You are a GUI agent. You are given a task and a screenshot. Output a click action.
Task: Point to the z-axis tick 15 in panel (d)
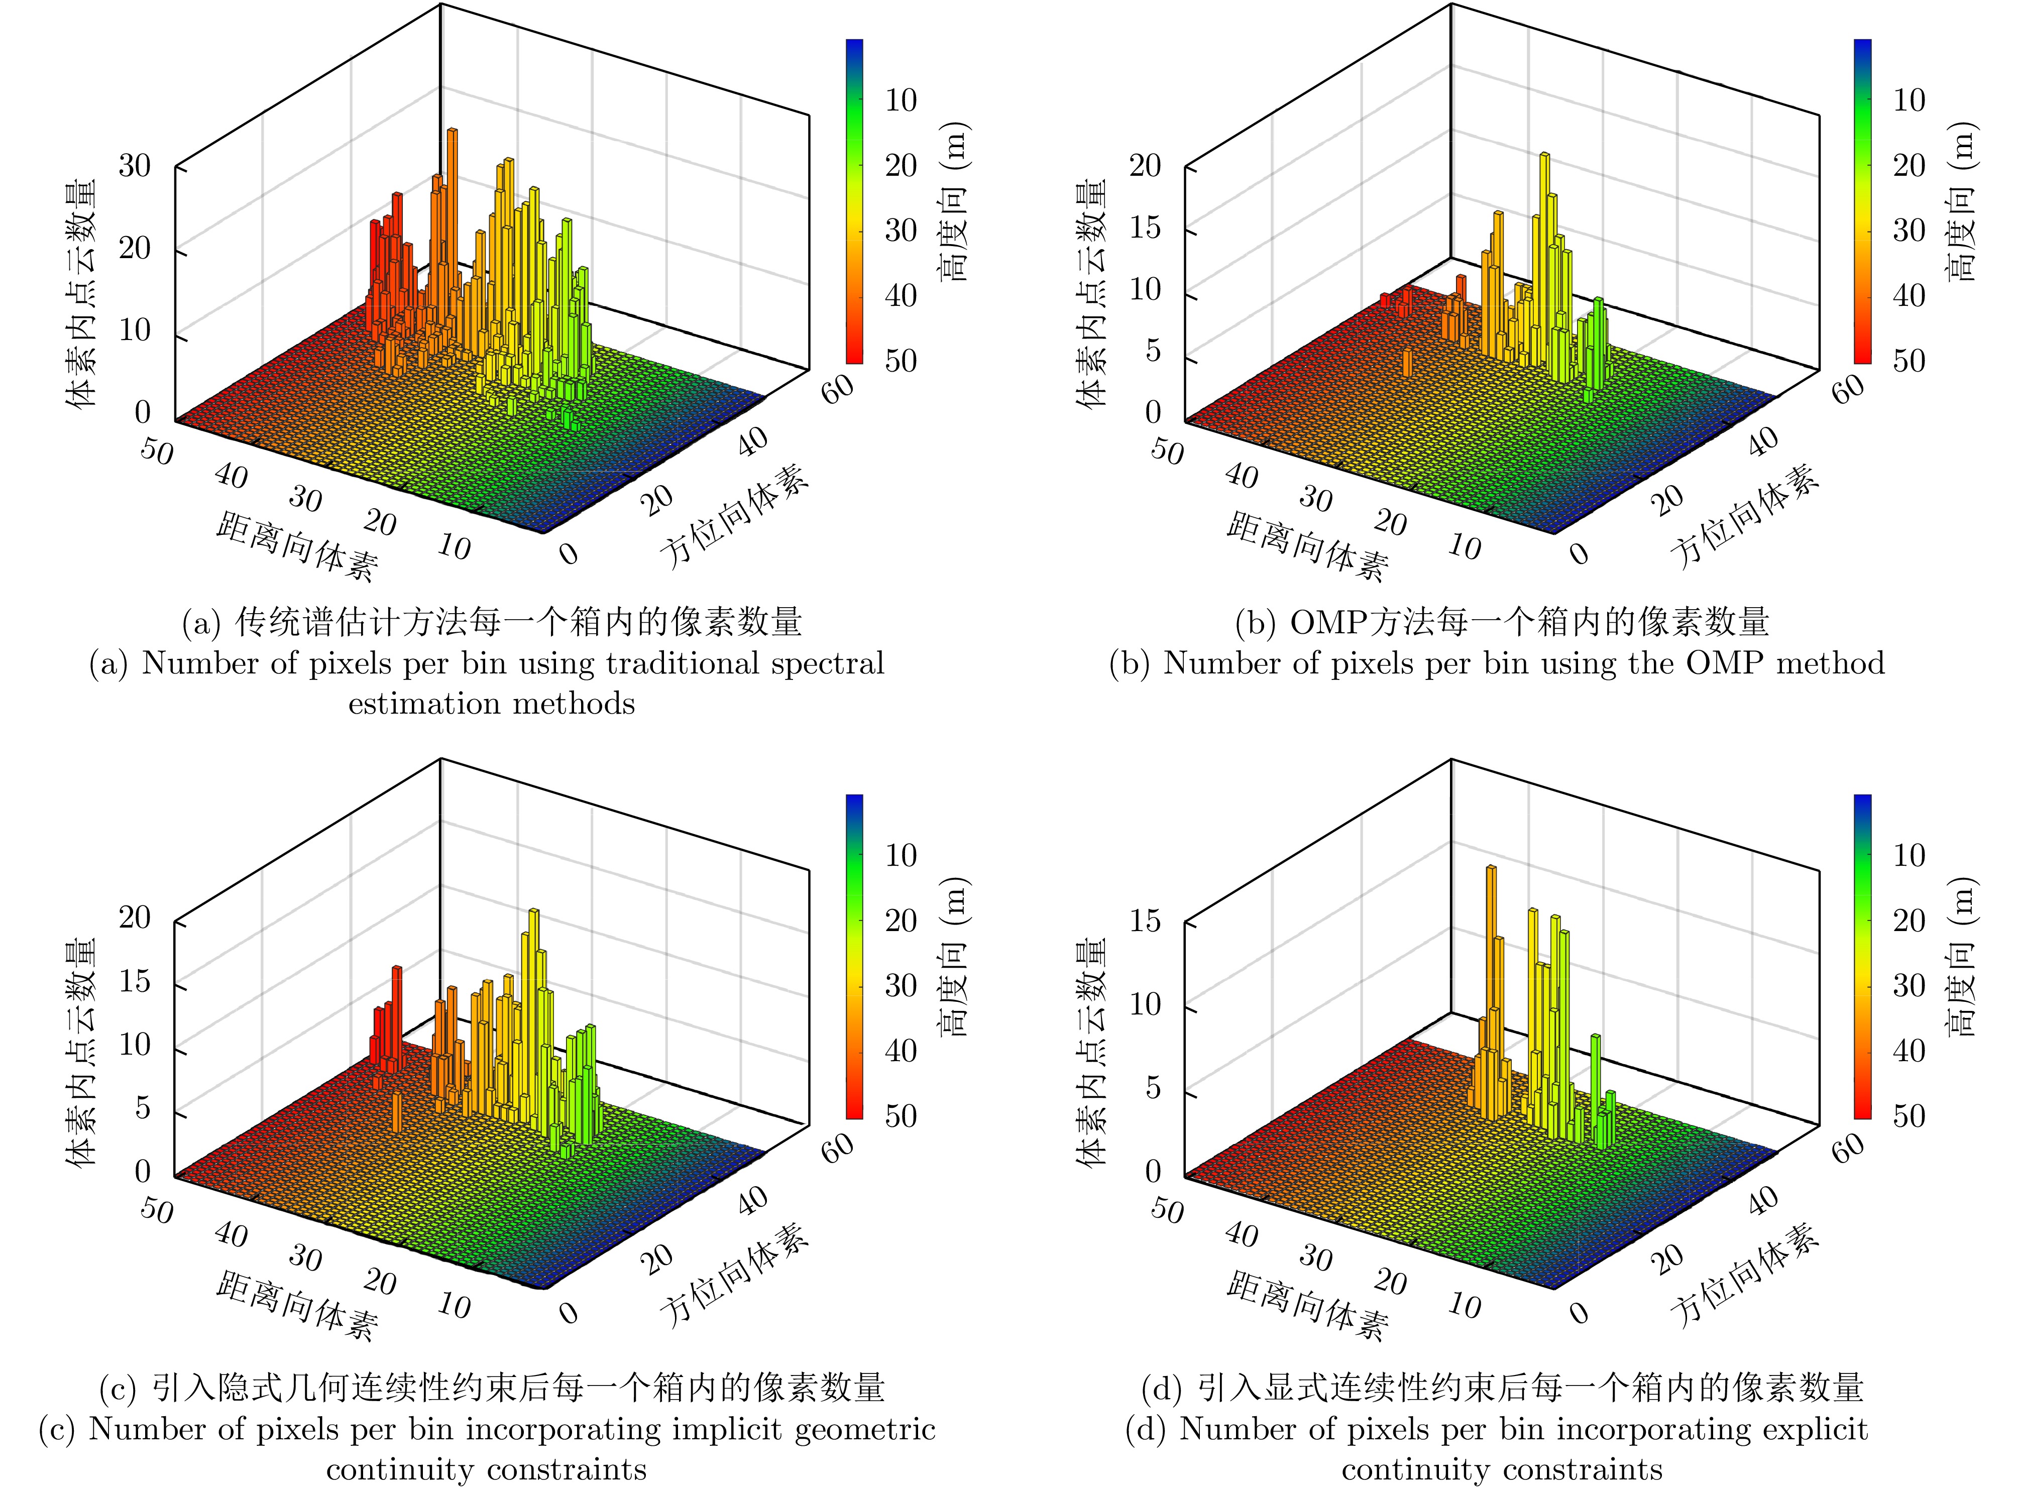[x=1144, y=922]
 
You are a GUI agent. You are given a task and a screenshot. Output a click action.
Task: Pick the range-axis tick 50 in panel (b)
[x=1167, y=450]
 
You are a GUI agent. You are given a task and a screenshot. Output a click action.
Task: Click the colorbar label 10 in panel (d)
[x=1908, y=855]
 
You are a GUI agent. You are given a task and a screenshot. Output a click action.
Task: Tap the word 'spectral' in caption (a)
[x=830, y=663]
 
